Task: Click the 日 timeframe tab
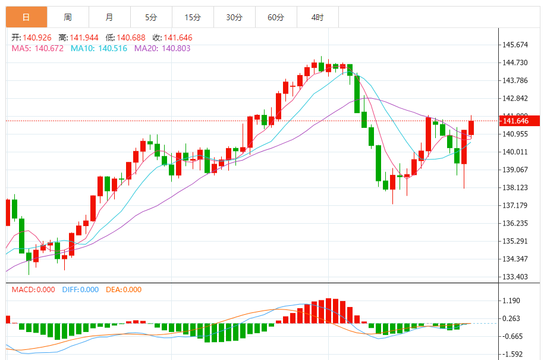[26, 17]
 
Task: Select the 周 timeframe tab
[68, 17]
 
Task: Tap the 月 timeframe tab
[109, 17]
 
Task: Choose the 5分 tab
[151, 17]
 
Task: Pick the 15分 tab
[193, 17]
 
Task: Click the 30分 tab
[234, 17]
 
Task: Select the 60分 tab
[276, 17]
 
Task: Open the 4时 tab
[317, 17]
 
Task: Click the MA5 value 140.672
[49, 48]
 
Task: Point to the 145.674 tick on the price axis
[515, 45]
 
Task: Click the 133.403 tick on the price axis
[515, 277]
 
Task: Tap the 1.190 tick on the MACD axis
[511, 301]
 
